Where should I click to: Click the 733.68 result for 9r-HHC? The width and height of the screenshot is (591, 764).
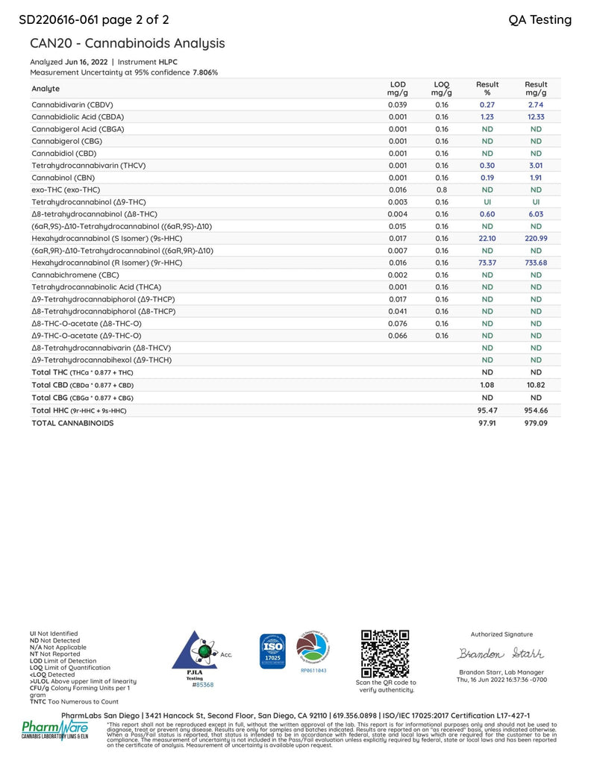point(536,263)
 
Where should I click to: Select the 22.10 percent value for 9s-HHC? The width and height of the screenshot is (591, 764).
point(487,238)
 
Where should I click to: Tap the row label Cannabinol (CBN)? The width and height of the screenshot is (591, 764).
point(64,178)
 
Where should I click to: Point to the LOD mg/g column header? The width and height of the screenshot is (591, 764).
point(398,89)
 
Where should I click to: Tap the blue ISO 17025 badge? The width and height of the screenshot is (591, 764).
point(272,651)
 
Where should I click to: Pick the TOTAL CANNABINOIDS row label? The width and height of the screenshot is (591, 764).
point(72,422)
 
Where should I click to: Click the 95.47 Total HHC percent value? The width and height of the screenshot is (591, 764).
point(487,410)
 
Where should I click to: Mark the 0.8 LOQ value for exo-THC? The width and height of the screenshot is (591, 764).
point(442,190)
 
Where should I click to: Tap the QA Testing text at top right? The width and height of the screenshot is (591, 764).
point(540,19)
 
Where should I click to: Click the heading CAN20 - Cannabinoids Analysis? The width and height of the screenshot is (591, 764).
point(127,44)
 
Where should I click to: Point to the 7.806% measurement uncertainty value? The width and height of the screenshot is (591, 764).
point(205,72)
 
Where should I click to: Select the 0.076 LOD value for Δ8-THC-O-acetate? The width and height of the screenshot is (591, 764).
point(398,323)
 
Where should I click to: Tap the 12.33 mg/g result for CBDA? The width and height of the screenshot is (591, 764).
point(536,116)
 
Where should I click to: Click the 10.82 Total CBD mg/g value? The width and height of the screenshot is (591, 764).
point(536,386)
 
